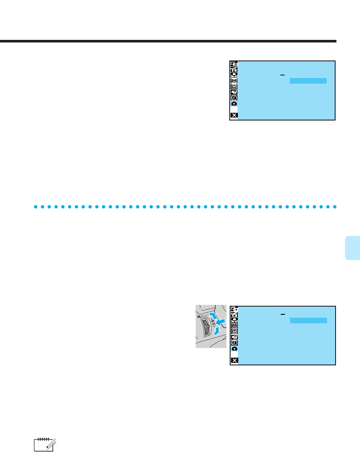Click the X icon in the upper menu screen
tap(234, 115)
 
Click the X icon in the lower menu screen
tap(234, 360)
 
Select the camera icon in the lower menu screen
tap(234, 349)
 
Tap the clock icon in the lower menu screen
tap(234, 343)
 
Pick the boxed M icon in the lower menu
tap(234, 331)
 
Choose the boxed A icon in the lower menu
tap(234, 325)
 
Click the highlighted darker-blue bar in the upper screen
tap(308, 81)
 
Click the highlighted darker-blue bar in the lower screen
tap(308, 320)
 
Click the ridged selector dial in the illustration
tap(207, 330)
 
